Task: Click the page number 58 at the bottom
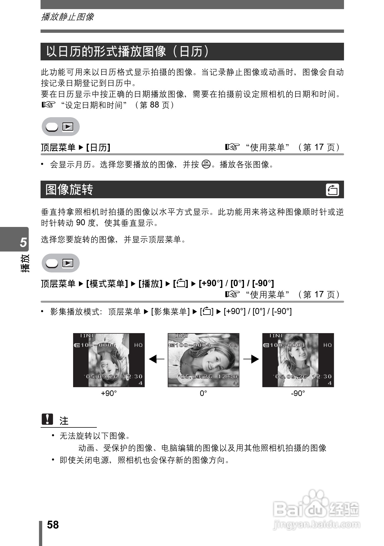(x=53, y=525)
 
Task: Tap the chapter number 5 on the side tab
(x=23, y=242)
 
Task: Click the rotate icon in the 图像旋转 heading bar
(x=332, y=190)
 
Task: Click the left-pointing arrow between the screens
(x=156, y=359)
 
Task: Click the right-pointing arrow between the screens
(x=251, y=359)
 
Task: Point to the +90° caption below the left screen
(x=109, y=394)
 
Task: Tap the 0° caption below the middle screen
(x=203, y=394)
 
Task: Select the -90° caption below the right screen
(x=298, y=394)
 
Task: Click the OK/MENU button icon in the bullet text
(x=206, y=164)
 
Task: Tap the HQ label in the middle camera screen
(x=233, y=345)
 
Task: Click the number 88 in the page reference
(x=154, y=105)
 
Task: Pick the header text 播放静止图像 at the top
(x=67, y=17)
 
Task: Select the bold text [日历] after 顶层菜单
(x=98, y=148)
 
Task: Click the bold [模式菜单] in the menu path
(x=107, y=283)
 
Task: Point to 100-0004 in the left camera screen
(x=98, y=345)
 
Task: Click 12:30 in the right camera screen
(x=322, y=377)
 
